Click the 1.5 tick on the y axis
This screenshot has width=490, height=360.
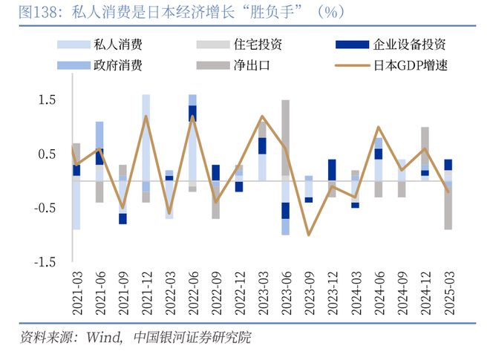[x=48, y=100]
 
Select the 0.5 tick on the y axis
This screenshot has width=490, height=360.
[x=48, y=154]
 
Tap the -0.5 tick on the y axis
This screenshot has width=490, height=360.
[x=45, y=208]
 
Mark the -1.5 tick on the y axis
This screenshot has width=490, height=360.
[x=45, y=262]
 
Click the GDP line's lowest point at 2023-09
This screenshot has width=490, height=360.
[x=309, y=235]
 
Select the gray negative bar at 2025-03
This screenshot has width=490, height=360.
[x=448, y=208]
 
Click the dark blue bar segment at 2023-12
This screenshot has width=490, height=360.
[x=332, y=169]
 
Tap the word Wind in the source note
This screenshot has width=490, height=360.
[x=103, y=338]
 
